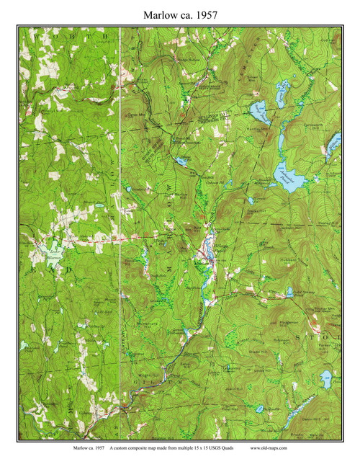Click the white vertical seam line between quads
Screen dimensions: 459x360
[119, 216]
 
